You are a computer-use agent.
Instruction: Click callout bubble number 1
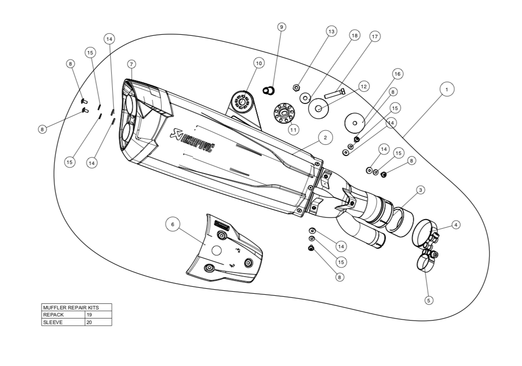tap(446, 89)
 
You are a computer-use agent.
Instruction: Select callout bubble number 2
tap(325, 137)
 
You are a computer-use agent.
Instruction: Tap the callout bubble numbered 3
tap(420, 190)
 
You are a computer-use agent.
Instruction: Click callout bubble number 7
tap(132, 64)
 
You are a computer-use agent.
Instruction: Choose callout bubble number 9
tap(282, 26)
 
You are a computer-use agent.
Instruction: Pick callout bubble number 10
tap(258, 63)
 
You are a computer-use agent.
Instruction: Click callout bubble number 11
tap(294, 129)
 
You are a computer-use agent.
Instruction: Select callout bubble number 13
tap(331, 31)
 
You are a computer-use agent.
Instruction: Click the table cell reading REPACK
tap(63, 315)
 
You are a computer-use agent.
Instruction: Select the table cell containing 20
tap(98, 322)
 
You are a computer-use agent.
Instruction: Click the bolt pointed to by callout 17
tap(335, 93)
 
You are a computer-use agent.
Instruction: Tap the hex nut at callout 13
tap(296, 88)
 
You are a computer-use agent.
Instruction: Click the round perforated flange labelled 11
tap(284, 112)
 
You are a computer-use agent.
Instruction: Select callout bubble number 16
tap(397, 74)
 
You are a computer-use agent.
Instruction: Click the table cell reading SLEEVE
tap(63, 322)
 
